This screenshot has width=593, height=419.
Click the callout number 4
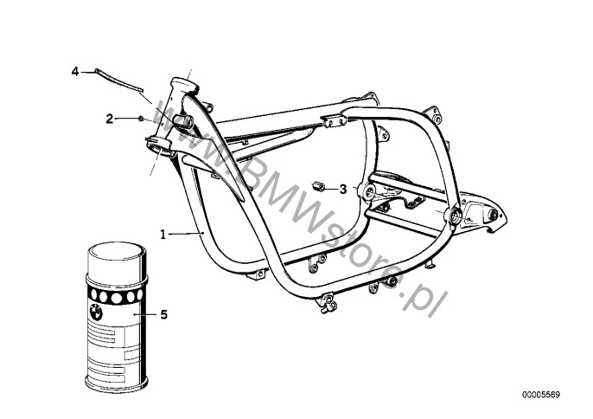pyautogui.click(x=75, y=71)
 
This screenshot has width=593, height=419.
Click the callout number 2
pyautogui.click(x=109, y=119)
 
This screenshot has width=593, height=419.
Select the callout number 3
pyautogui.click(x=342, y=189)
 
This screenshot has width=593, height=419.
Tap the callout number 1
pyautogui.click(x=163, y=235)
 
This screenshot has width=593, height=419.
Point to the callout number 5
pyautogui.click(x=163, y=314)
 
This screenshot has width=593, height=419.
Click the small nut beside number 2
pyautogui.click(x=140, y=119)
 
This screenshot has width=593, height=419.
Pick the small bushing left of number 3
pyautogui.click(x=318, y=187)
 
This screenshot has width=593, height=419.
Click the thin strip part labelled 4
pyautogui.click(x=118, y=80)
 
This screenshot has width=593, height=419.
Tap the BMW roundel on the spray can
pyautogui.click(x=96, y=313)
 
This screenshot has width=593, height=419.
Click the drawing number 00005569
pyautogui.click(x=541, y=395)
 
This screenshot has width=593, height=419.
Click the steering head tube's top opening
pyautogui.click(x=184, y=84)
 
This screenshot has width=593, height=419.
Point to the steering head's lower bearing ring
pyautogui.click(x=158, y=145)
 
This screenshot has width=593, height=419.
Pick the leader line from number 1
pyautogui.click(x=186, y=234)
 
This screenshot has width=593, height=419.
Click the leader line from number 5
pyautogui.click(x=145, y=314)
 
